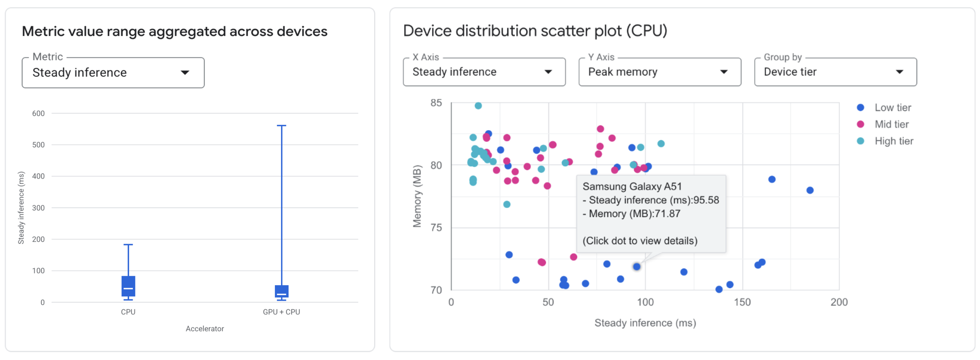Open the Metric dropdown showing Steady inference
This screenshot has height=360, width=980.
(x=113, y=73)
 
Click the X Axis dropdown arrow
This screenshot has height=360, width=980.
(x=548, y=72)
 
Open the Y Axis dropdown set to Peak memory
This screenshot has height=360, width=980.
(x=659, y=72)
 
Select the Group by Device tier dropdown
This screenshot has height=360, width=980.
(x=835, y=72)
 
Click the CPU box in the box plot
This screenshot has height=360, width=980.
(x=128, y=286)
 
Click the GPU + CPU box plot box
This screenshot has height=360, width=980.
(x=282, y=291)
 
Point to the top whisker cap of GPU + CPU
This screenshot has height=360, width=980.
(x=282, y=126)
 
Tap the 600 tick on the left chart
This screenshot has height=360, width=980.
(x=39, y=114)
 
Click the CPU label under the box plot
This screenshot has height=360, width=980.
(x=128, y=312)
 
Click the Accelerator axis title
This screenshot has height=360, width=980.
(x=204, y=329)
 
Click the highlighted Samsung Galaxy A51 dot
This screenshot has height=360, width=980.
(x=637, y=266)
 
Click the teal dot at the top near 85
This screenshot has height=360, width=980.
(x=478, y=106)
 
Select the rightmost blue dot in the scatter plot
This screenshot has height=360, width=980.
(x=810, y=190)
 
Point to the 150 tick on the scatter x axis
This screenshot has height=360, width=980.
(x=742, y=303)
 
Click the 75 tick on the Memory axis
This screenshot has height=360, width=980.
(x=436, y=228)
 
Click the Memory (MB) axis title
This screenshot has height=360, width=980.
(x=417, y=196)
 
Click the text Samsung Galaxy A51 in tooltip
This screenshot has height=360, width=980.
(x=632, y=187)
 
